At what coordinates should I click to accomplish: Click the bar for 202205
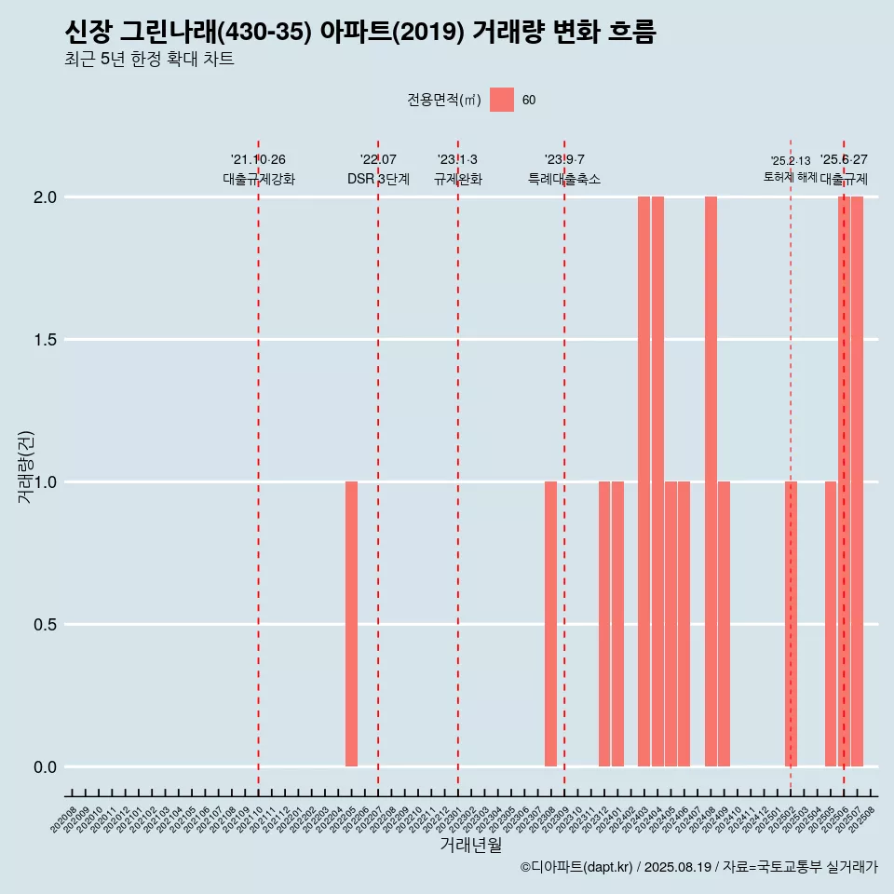[351, 624]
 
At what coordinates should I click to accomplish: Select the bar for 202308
[550, 624]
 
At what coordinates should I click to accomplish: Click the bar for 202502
[791, 624]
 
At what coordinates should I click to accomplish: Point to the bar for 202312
[603, 624]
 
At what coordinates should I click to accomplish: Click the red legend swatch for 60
[502, 100]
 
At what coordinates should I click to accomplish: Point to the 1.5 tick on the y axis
[46, 340]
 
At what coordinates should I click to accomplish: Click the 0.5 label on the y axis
[46, 625]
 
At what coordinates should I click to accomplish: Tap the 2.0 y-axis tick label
[46, 197]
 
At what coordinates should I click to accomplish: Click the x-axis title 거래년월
[470, 846]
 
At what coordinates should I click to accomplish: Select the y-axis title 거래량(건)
[25, 466]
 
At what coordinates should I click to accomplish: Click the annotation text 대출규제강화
[259, 179]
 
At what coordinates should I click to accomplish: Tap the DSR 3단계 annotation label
[378, 179]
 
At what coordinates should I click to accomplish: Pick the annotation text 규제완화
[458, 179]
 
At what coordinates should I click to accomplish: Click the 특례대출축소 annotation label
[564, 179]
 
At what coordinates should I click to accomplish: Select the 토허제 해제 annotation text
[790, 176]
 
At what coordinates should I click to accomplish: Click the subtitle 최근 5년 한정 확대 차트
[149, 60]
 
